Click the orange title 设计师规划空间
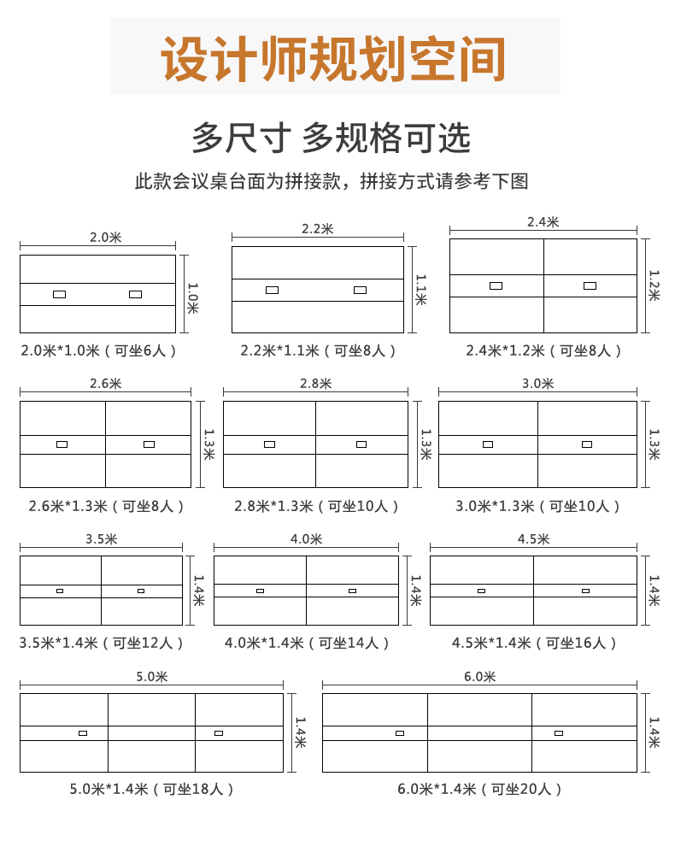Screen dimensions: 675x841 pyautogui.click(x=334, y=58)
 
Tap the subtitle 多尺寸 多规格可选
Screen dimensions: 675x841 pyautogui.click(x=332, y=138)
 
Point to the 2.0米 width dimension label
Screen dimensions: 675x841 pyautogui.click(x=106, y=238)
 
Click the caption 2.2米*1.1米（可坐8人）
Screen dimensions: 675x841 pyautogui.click(x=318, y=350)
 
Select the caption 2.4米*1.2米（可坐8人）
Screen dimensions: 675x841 pyautogui.click(x=543, y=350)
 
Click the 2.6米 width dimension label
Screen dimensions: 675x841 pyautogui.click(x=105, y=384)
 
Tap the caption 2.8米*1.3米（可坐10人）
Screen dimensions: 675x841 pyautogui.click(x=317, y=506)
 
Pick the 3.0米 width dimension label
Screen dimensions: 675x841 pyautogui.click(x=538, y=384)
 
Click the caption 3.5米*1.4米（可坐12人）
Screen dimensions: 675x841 pyautogui.click(x=102, y=643)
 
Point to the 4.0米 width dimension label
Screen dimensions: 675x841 pyautogui.click(x=306, y=539)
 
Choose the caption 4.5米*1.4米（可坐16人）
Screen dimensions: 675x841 pyautogui.click(x=534, y=643)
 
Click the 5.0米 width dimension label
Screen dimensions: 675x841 pyautogui.click(x=152, y=676)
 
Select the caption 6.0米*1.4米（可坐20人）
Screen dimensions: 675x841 pyautogui.click(x=479, y=789)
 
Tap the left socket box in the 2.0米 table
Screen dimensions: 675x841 pyautogui.click(x=59, y=294)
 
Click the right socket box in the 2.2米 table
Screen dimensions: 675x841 pyautogui.click(x=360, y=290)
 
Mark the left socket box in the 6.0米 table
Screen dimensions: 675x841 pyautogui.click(x=400, y=732)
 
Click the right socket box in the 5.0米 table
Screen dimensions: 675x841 pyautogui.click(x=219, y=732)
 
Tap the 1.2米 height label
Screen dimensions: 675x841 pyautogui.click(x=654, y=285)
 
